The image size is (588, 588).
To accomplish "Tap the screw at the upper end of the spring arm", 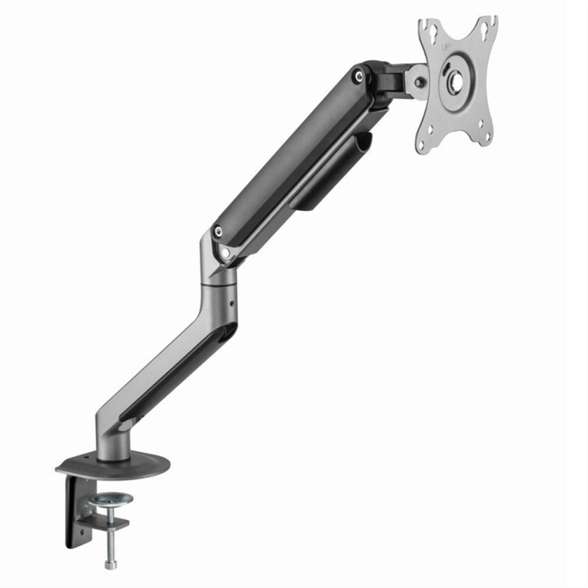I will click(x=360, y=76).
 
